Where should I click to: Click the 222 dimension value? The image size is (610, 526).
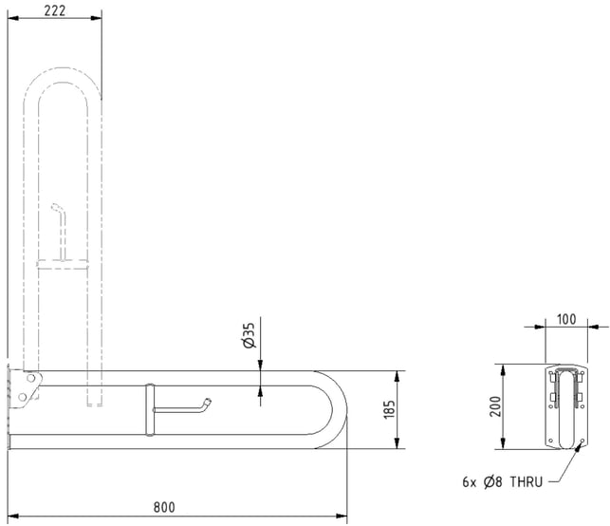click(55, 10)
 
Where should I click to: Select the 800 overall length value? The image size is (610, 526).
click(164, 507)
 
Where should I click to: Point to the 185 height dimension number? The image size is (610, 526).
click(389, 409)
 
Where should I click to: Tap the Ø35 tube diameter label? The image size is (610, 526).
click(249, 335)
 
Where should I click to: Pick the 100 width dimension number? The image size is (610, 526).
click(566, 319)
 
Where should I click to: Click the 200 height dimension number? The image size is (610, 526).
click(495, 406)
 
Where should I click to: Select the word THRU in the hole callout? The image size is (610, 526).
click(526, 482)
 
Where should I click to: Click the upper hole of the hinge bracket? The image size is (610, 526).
click(30, 378)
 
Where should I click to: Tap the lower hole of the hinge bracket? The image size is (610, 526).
click(22, 397)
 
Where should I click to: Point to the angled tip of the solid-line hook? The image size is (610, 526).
click(208, 401)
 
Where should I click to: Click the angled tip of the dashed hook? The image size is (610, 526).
click(54, 206)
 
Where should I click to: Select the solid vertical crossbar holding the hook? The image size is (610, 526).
click(150, 409)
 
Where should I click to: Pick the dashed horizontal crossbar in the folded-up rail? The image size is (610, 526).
click(63, 264)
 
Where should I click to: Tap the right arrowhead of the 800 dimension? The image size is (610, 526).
click(342, 517)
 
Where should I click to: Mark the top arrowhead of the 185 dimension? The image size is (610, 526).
click(397, 377)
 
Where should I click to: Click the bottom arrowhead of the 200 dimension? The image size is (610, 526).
click(503, 443)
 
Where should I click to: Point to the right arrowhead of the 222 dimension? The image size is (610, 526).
click(96, 18)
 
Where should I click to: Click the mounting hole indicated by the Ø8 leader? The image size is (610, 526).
click(582, 441)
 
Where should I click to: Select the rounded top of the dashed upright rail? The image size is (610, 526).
click(63, 68)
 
